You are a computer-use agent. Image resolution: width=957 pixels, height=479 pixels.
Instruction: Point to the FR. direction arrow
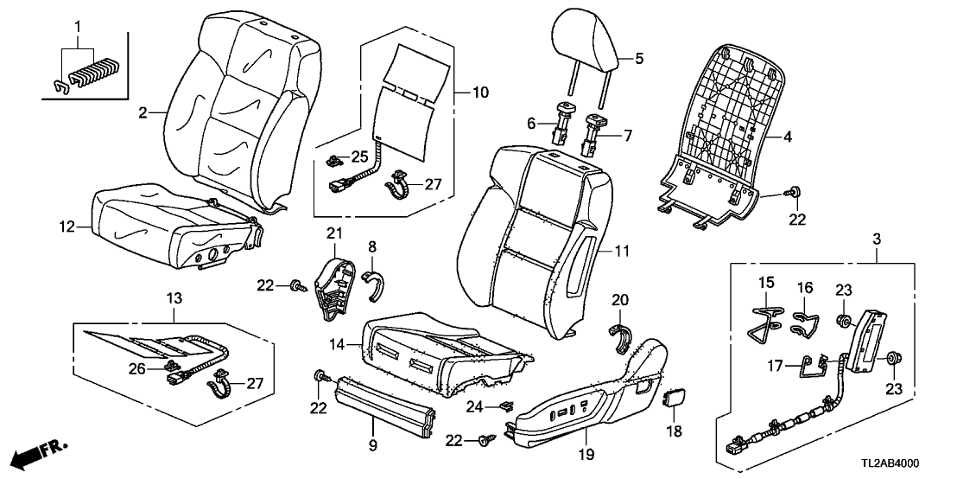[41, 453]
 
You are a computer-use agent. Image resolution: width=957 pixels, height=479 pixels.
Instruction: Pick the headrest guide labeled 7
[594, 131]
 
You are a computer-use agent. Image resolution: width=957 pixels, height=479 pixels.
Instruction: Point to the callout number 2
[144, 112]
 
